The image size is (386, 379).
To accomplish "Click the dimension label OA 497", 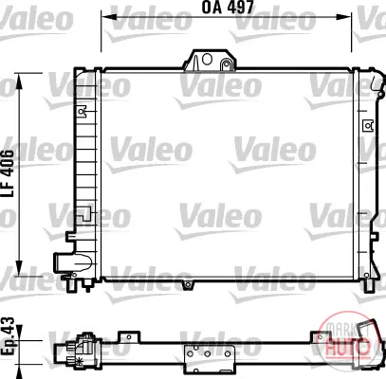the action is [228, 7].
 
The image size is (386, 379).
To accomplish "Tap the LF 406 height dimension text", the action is [8, 173].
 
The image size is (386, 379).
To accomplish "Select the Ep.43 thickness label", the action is [8, 336].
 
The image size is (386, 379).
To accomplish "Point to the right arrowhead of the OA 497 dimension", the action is [345, 16].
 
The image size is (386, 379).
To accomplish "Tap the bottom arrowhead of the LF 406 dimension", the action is [20, 268].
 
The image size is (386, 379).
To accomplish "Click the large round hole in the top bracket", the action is [207, 59].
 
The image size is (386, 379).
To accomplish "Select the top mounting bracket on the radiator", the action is [210, 60].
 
